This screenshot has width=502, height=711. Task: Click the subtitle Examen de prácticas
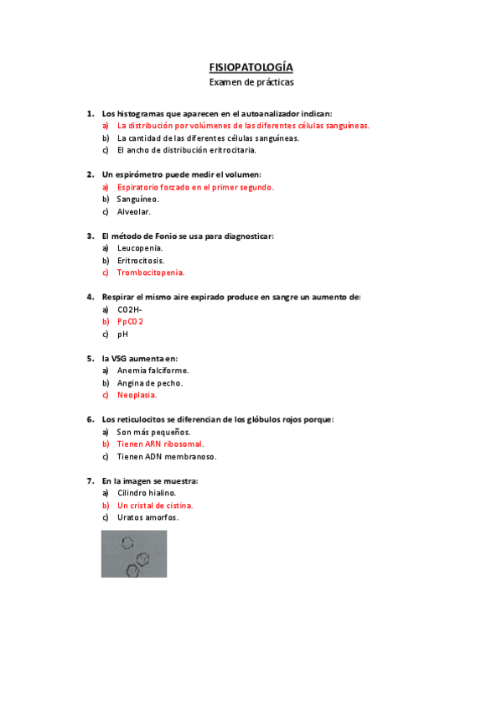pyautogui.click(x=251, y=82)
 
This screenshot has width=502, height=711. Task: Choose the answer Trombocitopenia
pyautogui.click(x=151, y=272)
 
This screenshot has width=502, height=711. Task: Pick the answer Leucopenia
pyautogui.click(x=140, y=248)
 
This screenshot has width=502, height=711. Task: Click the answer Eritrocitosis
pyautogui.click(x=141, y=261)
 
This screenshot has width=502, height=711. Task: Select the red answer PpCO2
pyautogui.click(x=131, y=322)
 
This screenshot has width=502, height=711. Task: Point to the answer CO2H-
pyautogui.click(x=130, y=309)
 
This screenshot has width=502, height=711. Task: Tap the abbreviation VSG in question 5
pyautogui.click(x=123, y=358)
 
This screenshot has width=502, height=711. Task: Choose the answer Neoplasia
pyautogui.click(x=137, y=395)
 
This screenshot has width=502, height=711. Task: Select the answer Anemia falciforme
pyautogui.click(x=153, y=371)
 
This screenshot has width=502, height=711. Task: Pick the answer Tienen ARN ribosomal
pyautogui.click(x=160, y=444)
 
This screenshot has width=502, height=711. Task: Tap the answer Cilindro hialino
pyautogui.click(x=147, y=494)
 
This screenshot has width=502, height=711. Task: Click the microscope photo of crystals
pyautogui.click(x=134, y=553)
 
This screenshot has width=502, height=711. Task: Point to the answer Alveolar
pyautogui.click(x=134, y=212)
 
